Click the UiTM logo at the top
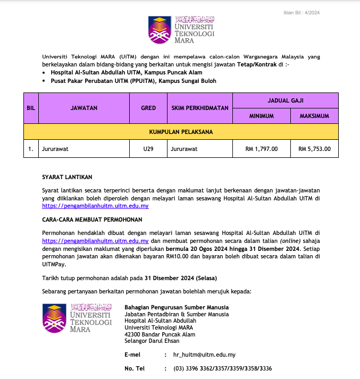point(181,30)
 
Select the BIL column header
point(31,108)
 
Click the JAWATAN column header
point(84,108)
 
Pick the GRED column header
point(148,108)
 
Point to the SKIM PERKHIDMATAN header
point(200,108)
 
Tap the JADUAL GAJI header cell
point(286,100)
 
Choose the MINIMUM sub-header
point(262,116)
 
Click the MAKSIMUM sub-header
point(314,116)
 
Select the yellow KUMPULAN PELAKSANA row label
point(181,131)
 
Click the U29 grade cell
point(148,149)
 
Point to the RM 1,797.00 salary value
point(261,149)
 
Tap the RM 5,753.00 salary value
point(314,149)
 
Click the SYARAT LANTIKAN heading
point(66,176)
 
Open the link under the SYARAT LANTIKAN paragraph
point(95,205)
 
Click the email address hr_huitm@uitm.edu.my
point(204,355)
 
